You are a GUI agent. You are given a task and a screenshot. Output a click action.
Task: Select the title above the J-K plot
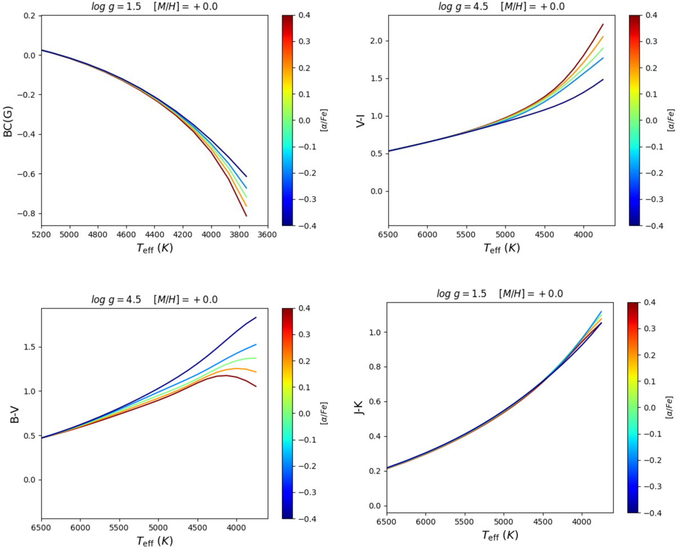(500, 293)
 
